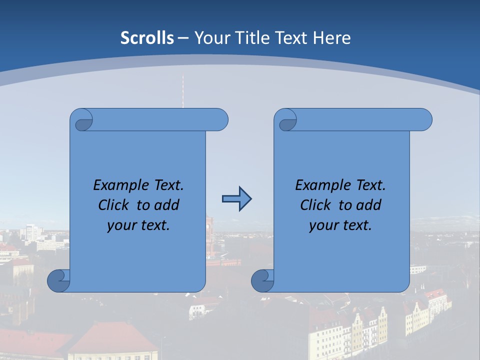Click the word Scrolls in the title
(147, 37)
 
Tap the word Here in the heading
(332, 37)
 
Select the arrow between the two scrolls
(236, 199)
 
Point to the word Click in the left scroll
(115, 205)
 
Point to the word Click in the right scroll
(317, 205)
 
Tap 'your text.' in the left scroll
(138, 225)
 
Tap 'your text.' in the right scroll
(340, 225)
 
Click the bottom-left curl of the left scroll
(59, 280)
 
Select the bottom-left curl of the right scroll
(263, 280)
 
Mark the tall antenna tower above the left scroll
(182, 90)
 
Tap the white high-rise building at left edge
(30, 231)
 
